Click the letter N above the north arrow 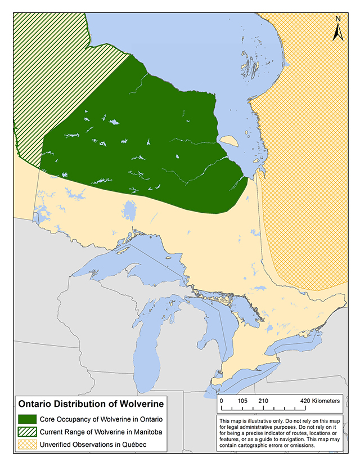339,19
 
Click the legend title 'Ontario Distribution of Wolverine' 91,404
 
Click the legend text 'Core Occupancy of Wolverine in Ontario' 100,419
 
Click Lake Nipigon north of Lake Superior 129,212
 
